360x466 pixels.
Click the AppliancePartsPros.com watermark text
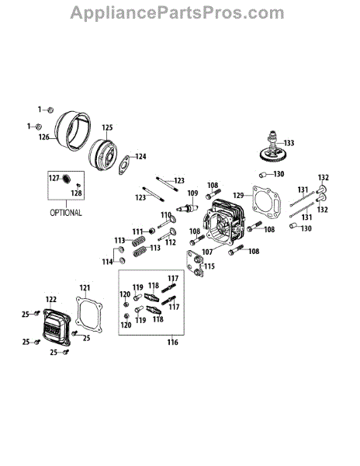[x=177, y=13]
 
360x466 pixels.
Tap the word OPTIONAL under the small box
[x=66, y=213]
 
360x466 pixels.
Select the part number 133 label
[x=289, y=143]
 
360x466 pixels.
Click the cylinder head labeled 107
[x=224, y=223]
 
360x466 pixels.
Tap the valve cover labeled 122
[x=57, y=327]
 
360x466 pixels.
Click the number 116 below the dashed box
[x=172, y=343]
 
